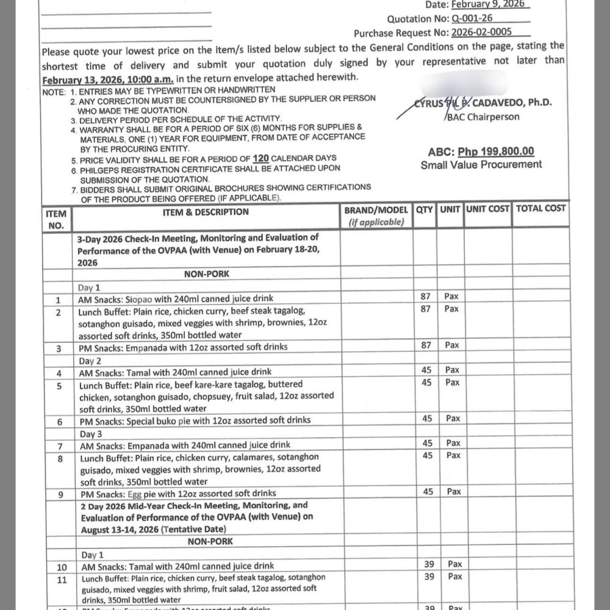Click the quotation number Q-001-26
[x=472, y=18]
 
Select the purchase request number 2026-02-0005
[x=481, y=32]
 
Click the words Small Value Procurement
[x=481, y=164]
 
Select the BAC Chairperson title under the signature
[x=484, y=117]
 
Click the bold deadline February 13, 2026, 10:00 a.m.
[x=108, y=79]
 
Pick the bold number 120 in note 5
[x=269, y=157]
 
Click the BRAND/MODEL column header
[x=376, y=210]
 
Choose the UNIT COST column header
[x=487, y=209]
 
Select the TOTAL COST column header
[x=540, y=209]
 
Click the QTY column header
[x=425, y=209]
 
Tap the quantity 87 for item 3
[x=426, y=345]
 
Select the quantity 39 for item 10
[x=429, y=565]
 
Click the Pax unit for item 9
[x=453, y=492]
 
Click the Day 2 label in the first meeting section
[x=90, y=361]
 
